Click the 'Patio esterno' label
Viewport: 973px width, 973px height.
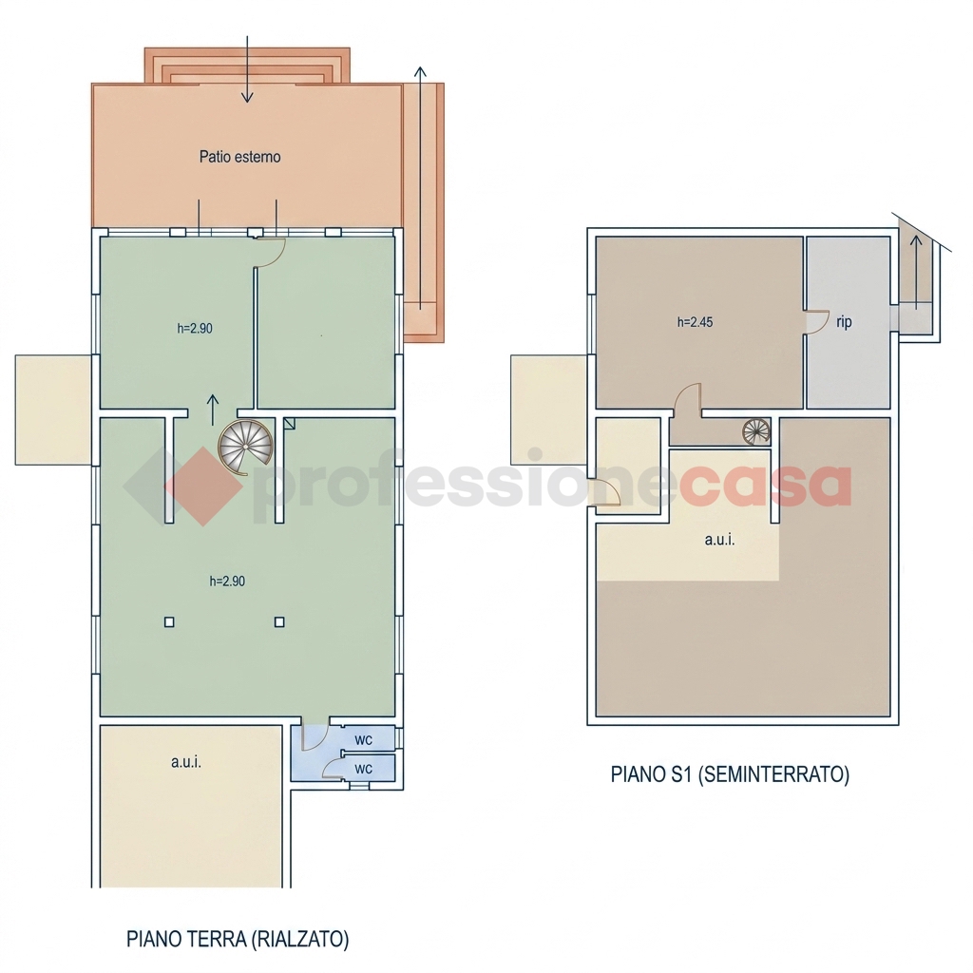[239, 157]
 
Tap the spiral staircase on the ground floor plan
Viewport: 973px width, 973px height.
[246, 445]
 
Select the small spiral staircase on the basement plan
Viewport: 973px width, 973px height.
[756, 431]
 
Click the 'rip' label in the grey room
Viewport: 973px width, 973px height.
[844, 322]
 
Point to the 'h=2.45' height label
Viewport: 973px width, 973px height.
[695, 322]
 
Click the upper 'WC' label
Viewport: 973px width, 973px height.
[364, 740]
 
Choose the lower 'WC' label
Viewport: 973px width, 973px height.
[364, 769]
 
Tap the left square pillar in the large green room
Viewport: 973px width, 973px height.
[169, 621]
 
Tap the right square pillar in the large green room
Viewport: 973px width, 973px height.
[279, 621]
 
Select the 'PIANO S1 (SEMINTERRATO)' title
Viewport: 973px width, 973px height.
[730, 774]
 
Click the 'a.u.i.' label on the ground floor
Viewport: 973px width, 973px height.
[186, 762]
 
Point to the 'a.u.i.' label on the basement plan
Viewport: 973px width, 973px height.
[720, 540]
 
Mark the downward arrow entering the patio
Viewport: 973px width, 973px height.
[247, 68]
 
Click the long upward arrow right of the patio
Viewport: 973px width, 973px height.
[420, 188]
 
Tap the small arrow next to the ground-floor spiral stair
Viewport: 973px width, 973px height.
[213, 410]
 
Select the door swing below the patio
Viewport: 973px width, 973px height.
[272, 253]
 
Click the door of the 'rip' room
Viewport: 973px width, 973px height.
[818, 322]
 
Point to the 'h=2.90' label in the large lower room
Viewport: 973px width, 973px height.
[227, 582]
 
